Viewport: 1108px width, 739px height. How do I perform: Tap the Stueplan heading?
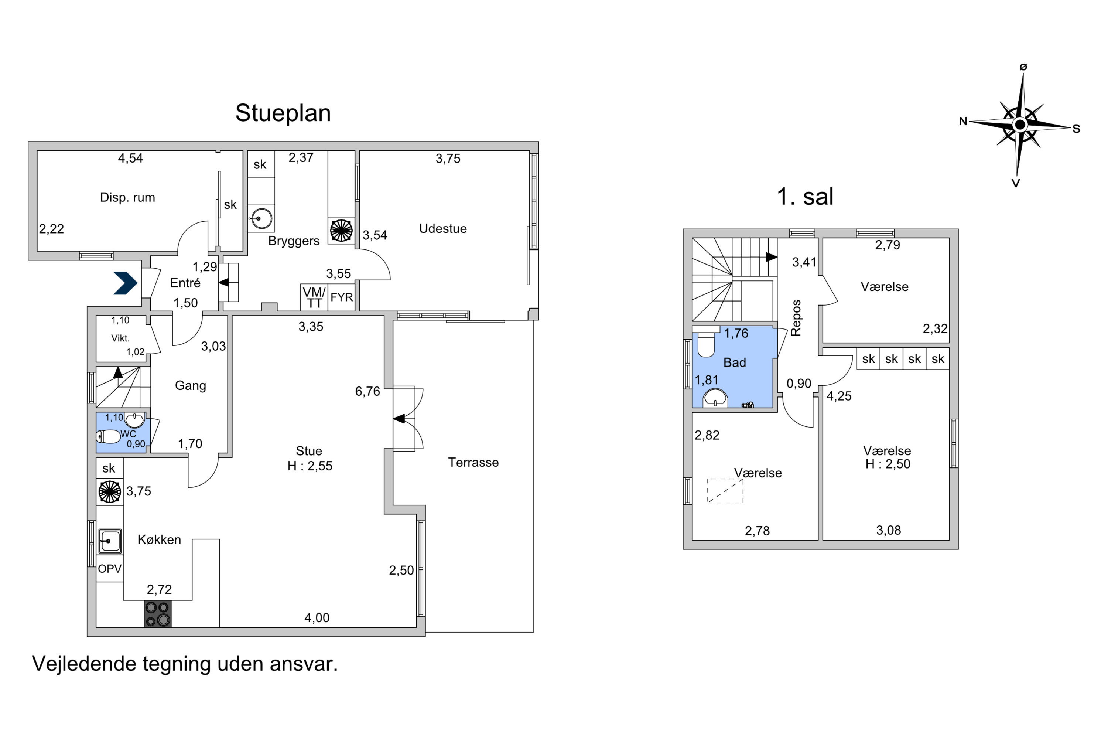coord(283,113)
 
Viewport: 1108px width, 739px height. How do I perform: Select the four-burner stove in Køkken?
coord(158,614)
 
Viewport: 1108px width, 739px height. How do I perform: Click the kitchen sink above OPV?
coord(110,541)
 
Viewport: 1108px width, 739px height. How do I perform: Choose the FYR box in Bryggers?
coord(342,297)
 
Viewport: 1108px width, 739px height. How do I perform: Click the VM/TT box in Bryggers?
coord(314,297)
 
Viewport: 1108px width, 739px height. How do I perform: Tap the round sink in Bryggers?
coord(261,218)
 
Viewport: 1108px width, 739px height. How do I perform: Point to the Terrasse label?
coord(473,462)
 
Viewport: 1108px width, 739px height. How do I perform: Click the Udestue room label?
coord(443,229)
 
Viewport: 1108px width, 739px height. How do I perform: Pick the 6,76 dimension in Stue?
coord(367,391)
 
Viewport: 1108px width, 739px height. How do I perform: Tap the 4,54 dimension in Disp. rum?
coord(130,158)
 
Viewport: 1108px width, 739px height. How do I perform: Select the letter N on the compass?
coord(963,122)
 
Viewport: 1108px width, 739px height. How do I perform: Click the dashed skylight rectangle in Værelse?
coord(725,491)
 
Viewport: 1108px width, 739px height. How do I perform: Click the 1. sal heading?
coord(805,197)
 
